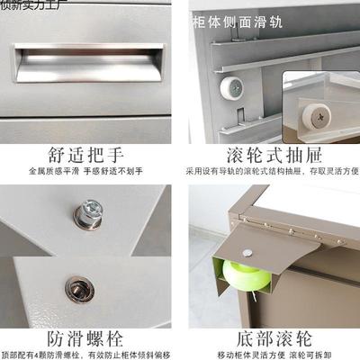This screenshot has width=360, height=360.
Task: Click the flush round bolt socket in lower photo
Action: click(x=75, y=288)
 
